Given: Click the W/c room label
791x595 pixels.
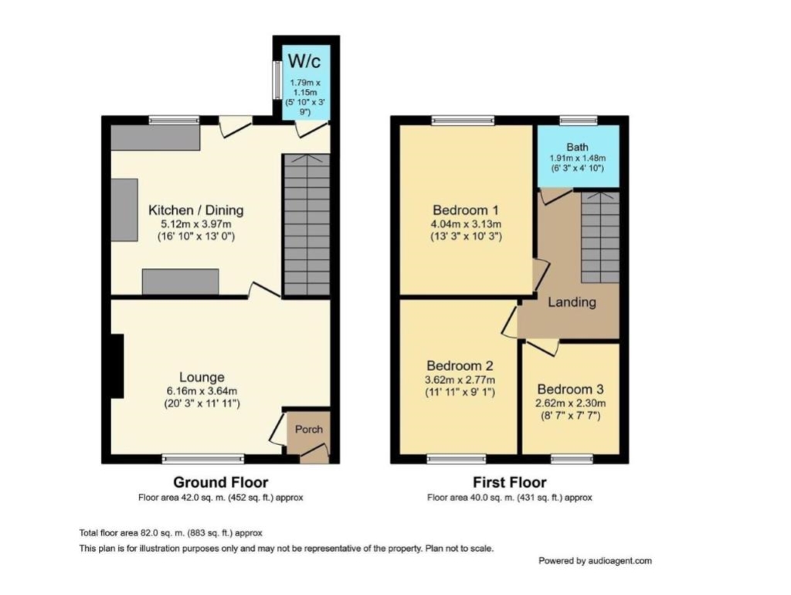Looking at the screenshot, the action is click(304, 61).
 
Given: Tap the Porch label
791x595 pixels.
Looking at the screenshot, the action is click(309, 429).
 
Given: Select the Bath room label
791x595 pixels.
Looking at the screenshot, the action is click(577, 147).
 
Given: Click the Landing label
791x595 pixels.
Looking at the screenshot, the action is click(572, 302).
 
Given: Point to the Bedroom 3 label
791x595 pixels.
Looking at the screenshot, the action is click(571, 389).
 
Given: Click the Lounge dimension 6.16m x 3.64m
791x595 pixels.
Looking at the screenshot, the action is click(202, 390).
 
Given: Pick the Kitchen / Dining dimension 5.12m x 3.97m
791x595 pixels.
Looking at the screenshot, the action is click(195, 223).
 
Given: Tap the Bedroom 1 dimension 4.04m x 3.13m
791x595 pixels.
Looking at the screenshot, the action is click(466, 223).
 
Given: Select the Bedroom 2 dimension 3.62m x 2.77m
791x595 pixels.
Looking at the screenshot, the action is click(460, 379).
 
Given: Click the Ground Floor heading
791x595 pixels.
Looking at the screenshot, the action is click(220, 482).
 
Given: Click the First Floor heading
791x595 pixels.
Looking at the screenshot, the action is click(510, 482).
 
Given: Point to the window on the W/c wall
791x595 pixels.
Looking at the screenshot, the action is click(277, 80).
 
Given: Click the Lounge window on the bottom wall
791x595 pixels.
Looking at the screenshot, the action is click(203, 459).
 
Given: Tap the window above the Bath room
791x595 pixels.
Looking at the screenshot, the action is click(578, 120).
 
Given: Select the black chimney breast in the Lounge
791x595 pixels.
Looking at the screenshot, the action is click(117, 365).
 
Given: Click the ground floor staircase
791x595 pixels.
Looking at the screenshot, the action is click(306, 225).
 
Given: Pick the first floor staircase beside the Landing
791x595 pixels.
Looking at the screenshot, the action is click(599, 237).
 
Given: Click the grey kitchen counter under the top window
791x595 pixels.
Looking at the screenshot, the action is click(155, 138).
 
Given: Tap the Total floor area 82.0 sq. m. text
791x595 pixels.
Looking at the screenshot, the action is click(171, 533).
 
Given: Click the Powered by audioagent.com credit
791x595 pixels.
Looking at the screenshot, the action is click(596, 561).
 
